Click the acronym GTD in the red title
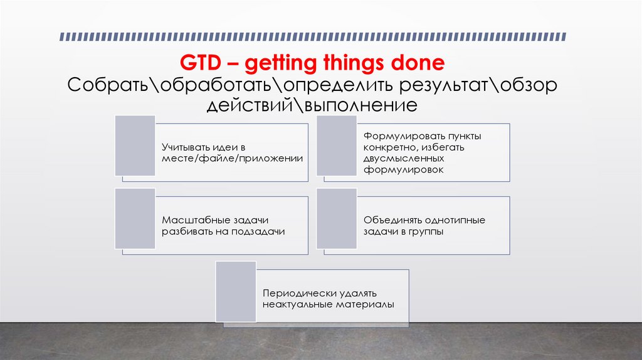tap(199, 63)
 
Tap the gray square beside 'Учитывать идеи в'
tap(135, 146)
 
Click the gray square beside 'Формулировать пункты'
tap(337, 146)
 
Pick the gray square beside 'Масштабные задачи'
tap(135, 219)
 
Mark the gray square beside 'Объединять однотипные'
tap(337, 219)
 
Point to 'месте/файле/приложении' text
tap(233, 159)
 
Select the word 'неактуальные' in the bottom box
tap(293, 305)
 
